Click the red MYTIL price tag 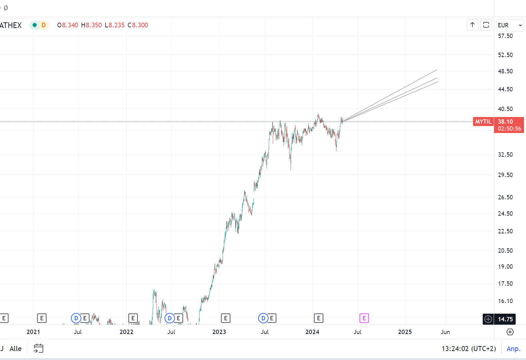(483, 122)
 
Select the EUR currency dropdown (510, 25)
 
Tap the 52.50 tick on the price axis (505, 55)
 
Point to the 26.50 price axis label (505, 197)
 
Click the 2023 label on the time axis (219, 332)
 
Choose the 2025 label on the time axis (405, 332)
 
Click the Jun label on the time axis (445, 332)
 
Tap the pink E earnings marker (364, 318)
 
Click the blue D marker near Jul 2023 (263, 318)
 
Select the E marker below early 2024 (318, 318)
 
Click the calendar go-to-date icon (39, 349)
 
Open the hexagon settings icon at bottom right (510, 332)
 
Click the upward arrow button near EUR (472, 25)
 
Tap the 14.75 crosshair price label (505, 319)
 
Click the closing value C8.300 (138, 25)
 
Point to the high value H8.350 (92, 25)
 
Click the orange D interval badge (44, 25)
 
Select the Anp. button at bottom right (513, 349)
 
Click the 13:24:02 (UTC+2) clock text (468, 349)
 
